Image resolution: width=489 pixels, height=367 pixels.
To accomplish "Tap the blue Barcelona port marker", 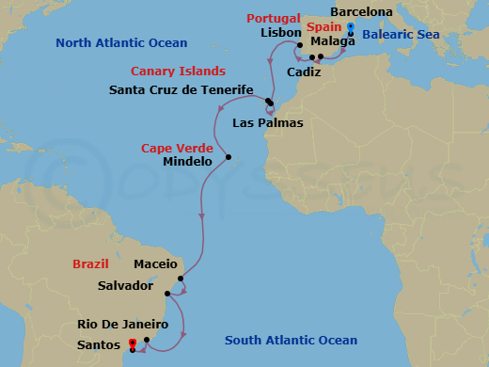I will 350,26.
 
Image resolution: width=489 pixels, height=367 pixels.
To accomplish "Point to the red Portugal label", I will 274,19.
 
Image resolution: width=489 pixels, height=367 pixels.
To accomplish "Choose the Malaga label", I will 333,41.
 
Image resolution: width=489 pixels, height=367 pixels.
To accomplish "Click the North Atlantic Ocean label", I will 121,42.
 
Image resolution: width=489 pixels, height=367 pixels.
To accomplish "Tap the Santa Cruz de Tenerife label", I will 182,89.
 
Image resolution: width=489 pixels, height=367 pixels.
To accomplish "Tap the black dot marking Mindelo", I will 229,157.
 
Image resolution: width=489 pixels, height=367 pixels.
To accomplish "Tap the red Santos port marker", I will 133,343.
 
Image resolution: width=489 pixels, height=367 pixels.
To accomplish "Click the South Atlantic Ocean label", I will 291,340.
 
